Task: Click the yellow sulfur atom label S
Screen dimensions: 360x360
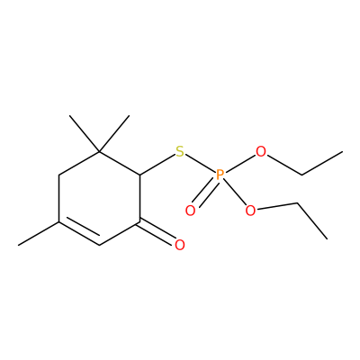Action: click(x=180, y=151)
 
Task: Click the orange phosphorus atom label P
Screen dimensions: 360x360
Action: click(x=220, y=175)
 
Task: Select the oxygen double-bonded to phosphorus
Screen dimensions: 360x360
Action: click(x=190, y=211)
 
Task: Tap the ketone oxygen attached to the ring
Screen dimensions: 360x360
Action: click(x=180, y=245)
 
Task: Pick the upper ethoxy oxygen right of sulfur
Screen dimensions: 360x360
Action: click(x=261, y=151)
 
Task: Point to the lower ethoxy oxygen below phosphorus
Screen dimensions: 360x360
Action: click(x=250, y=211)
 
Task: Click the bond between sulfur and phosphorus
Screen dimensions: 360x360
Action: click(x=200, y=163)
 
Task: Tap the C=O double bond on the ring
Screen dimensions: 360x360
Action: click(x=157, y=232)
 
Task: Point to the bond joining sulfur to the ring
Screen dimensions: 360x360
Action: click(x=157, y=165)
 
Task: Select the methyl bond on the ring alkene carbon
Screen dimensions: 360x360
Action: click(x=39, y=234)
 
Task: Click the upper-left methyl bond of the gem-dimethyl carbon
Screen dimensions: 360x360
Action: click(x=85, y=134)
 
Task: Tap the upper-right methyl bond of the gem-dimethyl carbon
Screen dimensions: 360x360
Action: click(x=114, y=134)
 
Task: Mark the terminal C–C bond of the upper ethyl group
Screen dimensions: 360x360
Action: click(x=322, y=163)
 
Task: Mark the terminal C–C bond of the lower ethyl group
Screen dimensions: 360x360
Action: click(x=312, y=221)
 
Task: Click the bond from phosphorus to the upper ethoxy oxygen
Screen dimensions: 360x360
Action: click(x=240, y=163)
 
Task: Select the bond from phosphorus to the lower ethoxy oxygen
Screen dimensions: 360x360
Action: click(x=235, y=193)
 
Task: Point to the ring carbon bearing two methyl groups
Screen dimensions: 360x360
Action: click(x=100, y=152)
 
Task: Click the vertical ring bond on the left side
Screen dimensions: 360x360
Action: click(x=58, y=199)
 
